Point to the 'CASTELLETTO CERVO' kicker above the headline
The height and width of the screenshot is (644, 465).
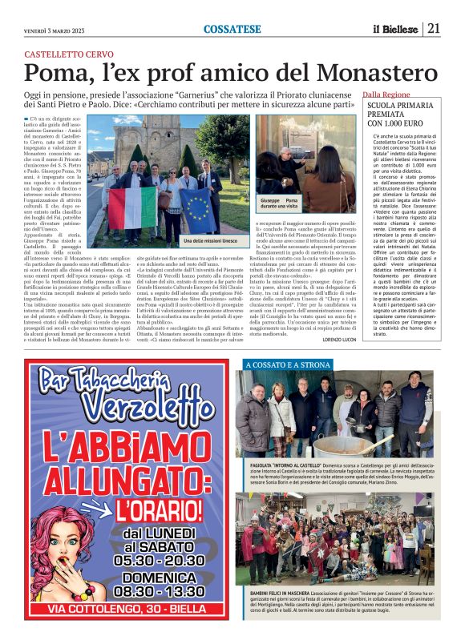pos(69,53)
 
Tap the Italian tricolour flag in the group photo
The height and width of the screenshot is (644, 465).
pos(131,203)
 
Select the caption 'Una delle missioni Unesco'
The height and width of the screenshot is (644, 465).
pos(212,240)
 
